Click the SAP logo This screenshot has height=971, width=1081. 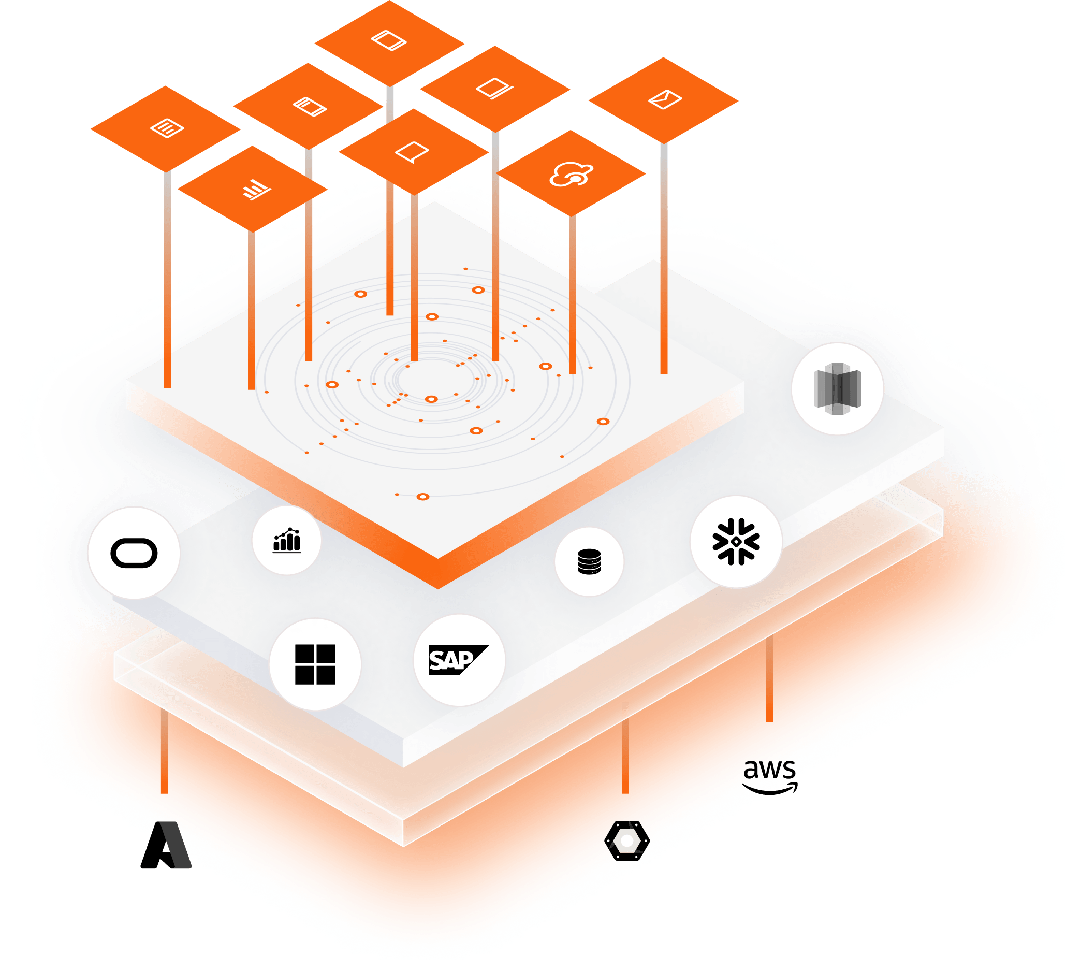458,660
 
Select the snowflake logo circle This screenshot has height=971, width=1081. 736,542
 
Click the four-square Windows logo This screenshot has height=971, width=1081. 315,664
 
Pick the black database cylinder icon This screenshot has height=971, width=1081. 589,561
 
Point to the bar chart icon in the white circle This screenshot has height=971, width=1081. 287,541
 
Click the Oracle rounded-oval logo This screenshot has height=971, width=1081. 134,553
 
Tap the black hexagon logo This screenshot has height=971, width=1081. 626,841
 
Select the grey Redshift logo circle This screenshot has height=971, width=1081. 837,388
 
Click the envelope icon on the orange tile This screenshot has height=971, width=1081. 664,99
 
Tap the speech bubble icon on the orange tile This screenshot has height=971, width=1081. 412,152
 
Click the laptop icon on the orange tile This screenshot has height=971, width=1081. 495,89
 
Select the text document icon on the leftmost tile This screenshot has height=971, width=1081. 167,128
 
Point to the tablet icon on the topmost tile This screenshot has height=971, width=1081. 389,40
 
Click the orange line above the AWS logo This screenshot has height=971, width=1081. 769,679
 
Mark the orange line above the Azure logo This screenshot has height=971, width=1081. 164,751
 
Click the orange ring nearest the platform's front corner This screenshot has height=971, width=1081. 423,497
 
